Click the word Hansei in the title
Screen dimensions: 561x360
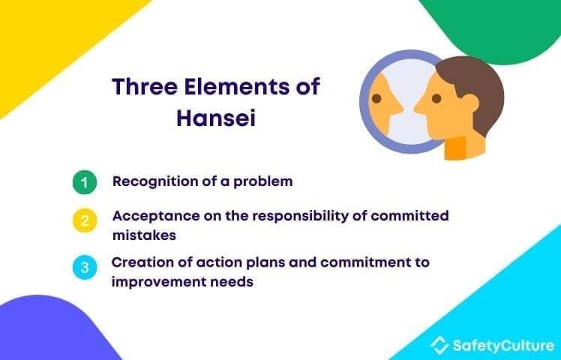(x=216, y=118)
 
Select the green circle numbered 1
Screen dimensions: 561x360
(x=85, y=182)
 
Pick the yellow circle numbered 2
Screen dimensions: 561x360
(x=85, y=220)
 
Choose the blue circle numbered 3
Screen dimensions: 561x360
(x=85, y=267)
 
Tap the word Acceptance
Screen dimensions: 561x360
(x=156, y=216)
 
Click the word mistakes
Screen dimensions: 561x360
(x=144, y=235)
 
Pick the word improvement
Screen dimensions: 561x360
(x=159, y=282)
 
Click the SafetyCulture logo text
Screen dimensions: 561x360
(x=503, y=346)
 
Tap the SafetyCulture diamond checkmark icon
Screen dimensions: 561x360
(x=439, y=345)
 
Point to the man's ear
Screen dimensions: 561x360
(x=470, y=103)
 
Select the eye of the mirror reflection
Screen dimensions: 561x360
(x=376, y=98)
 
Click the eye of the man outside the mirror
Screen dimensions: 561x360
(x=436, y=98)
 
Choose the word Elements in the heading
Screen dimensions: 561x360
(x=235, y=86)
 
